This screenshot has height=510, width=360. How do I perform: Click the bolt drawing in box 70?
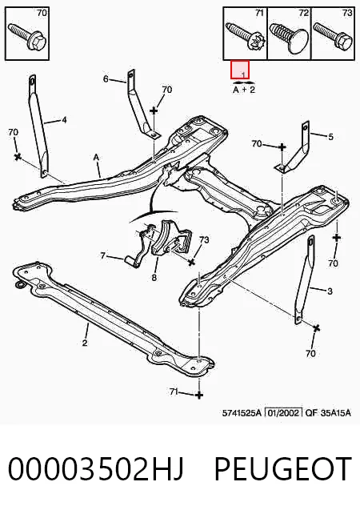(27, 37)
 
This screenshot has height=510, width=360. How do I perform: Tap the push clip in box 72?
(288, 38)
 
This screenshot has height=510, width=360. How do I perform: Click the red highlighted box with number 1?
(240, 70)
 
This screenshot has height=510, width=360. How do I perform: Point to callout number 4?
(64, 120)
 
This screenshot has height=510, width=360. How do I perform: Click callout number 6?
(106, 78)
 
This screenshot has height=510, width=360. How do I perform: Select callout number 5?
(330, 137)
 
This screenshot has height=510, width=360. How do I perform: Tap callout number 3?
(330, 291)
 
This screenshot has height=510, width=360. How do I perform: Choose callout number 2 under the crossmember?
(85, 343)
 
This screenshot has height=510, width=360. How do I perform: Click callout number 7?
(102, 256)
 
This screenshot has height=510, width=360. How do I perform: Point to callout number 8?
(154, 278)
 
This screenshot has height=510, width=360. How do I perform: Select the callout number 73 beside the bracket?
(204, 239)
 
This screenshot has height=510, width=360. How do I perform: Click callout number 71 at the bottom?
(174, 392)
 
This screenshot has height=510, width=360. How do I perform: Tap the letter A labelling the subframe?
(96, 158)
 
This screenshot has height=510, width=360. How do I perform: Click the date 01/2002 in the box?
(284, 413)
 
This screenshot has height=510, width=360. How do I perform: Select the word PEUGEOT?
(283, 468)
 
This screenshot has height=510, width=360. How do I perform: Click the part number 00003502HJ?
(96, 468)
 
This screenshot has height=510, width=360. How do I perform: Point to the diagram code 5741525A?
(242, 413)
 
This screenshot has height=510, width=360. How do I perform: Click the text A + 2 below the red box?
(244, 89)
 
